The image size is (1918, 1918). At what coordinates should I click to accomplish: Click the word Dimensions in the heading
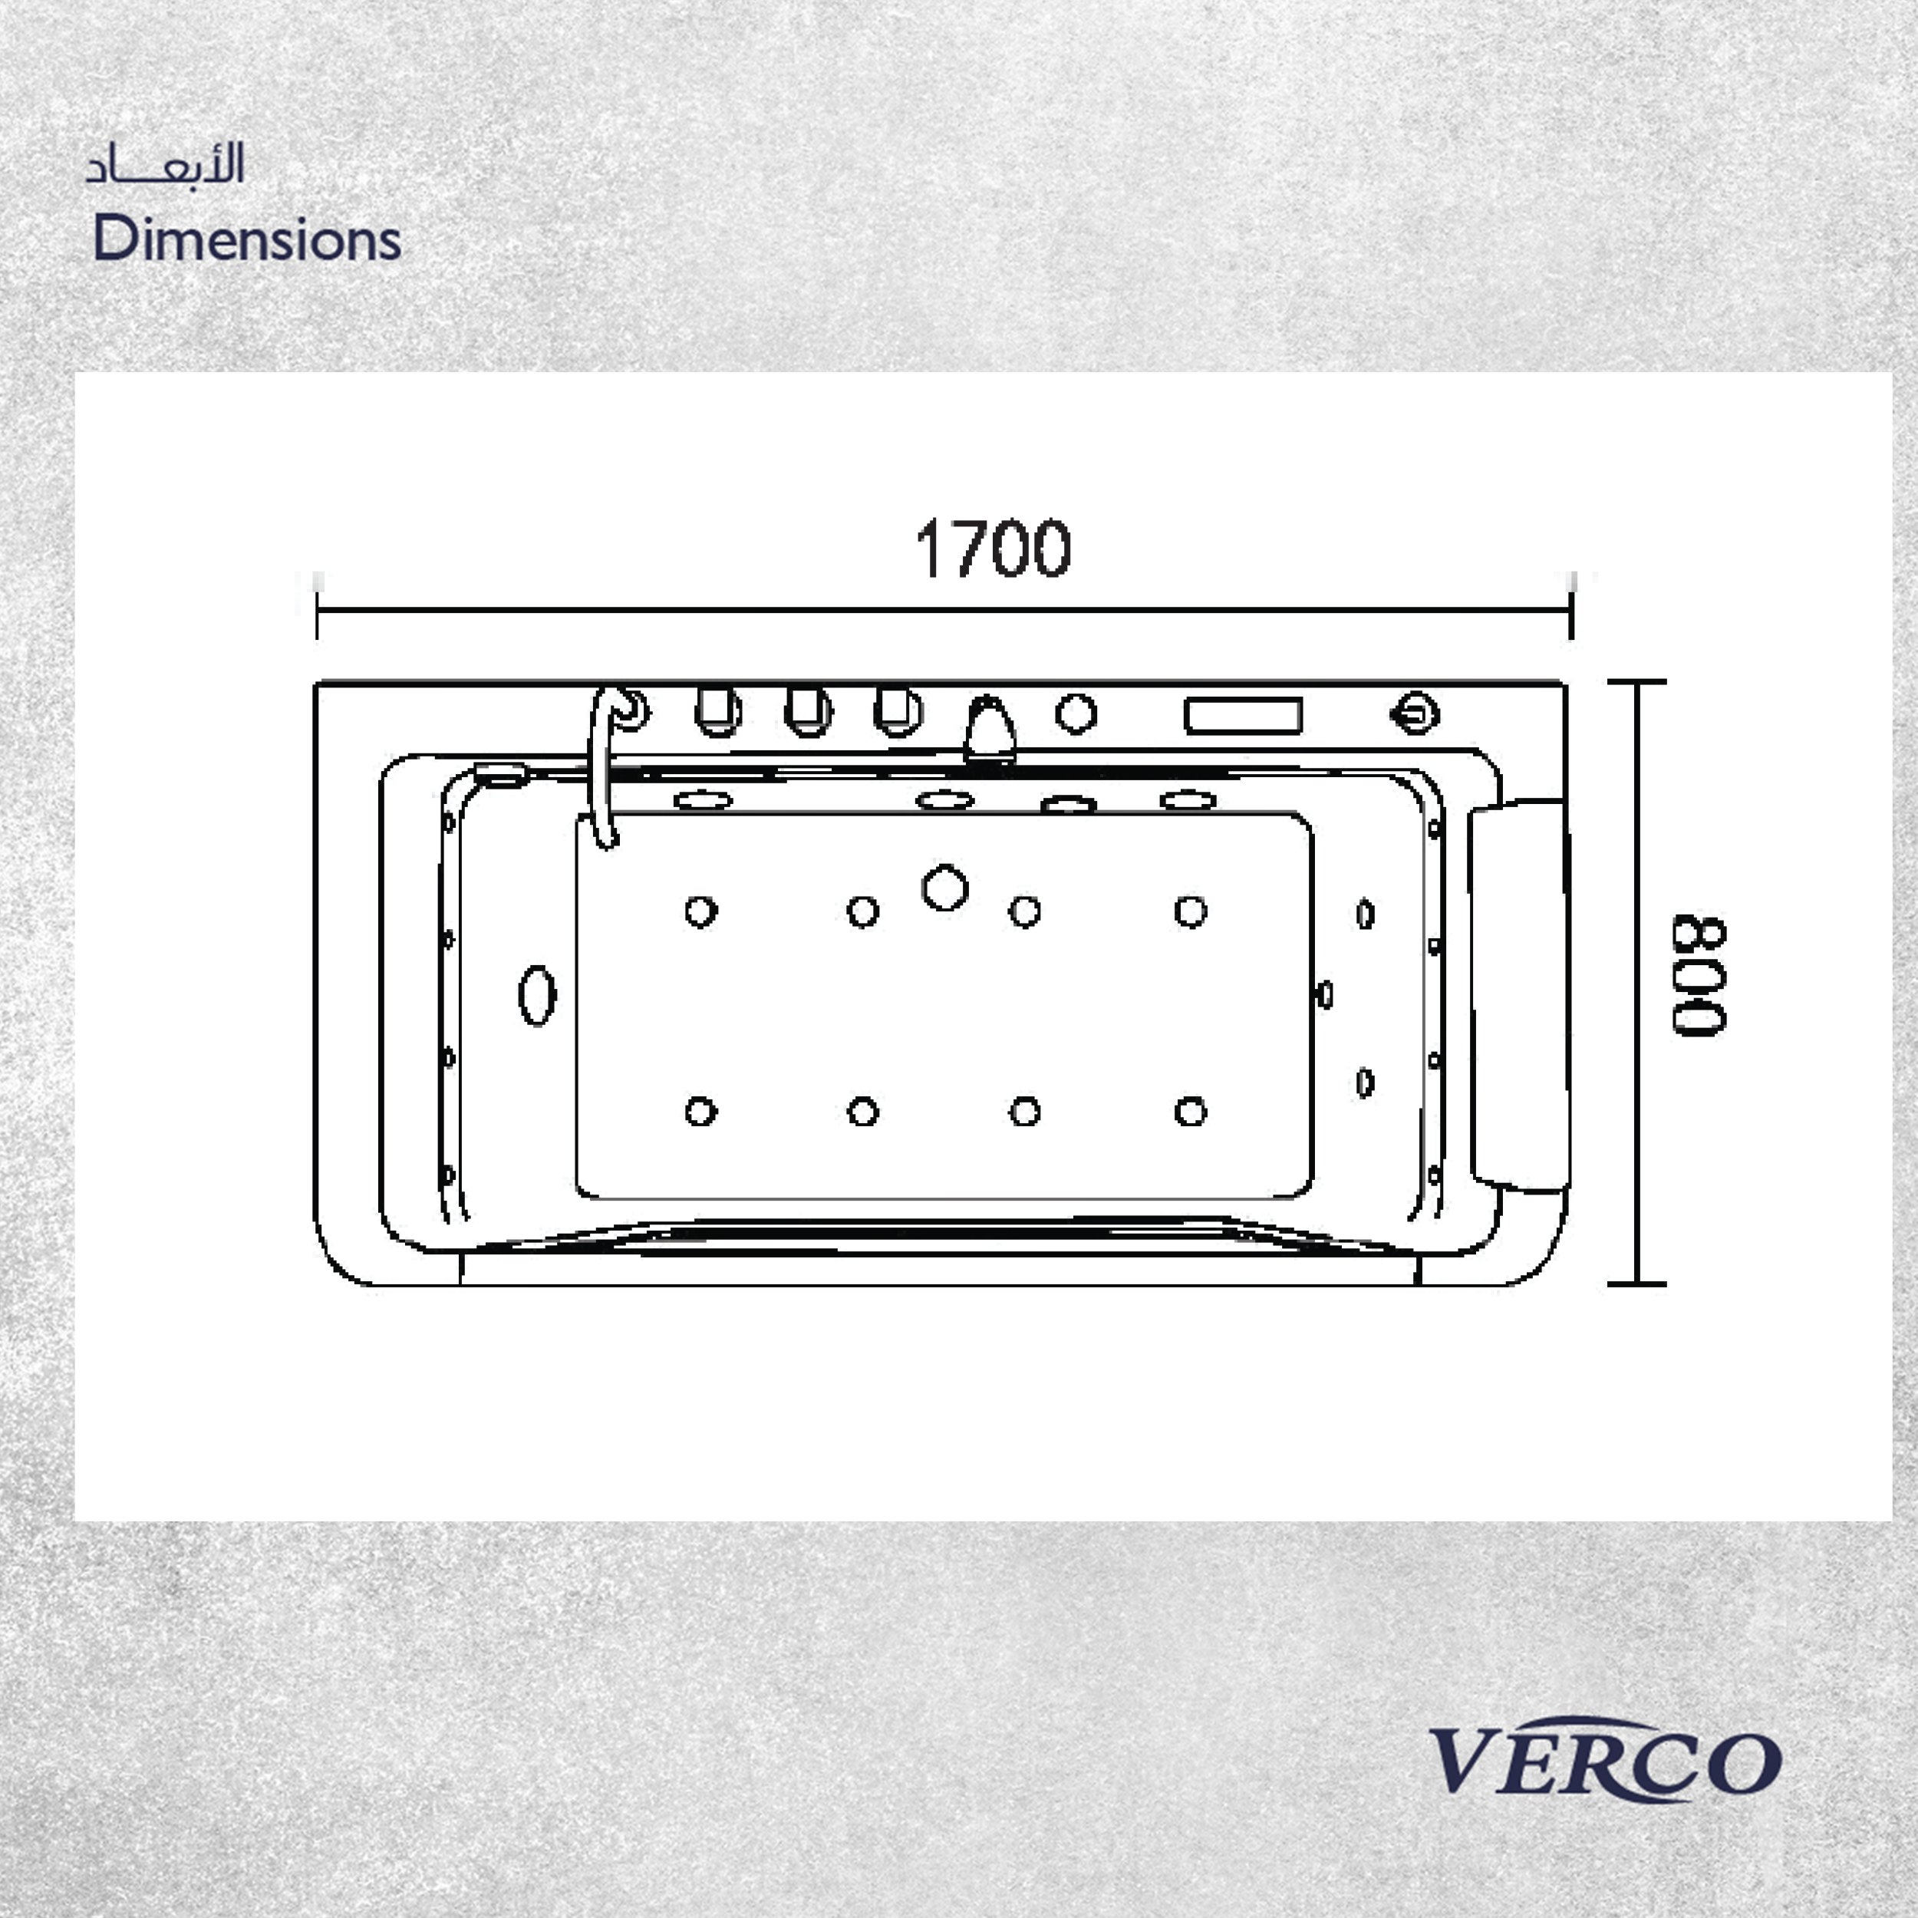247,239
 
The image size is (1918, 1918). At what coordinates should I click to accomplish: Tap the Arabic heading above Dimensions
165,164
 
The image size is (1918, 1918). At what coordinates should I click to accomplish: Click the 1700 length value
993,548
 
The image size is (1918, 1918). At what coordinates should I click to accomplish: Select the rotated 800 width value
1699,976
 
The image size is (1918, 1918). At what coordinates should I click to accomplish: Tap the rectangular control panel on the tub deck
1243,716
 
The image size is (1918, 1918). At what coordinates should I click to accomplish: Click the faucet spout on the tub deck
990,730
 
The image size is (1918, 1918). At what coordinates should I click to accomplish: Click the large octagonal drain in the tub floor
945,888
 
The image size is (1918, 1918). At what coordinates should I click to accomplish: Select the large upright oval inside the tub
538,995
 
